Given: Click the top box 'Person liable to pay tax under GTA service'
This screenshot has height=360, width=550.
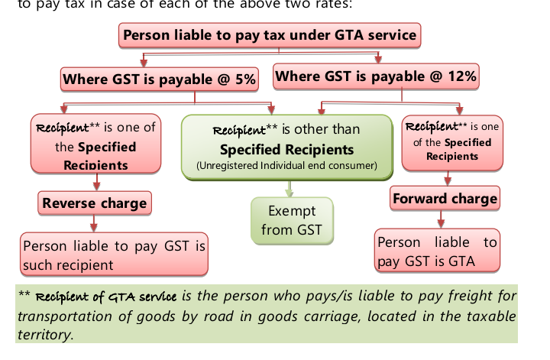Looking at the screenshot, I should [x=270, y=35].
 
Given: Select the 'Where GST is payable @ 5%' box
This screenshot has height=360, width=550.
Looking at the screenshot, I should [x=159, y=79].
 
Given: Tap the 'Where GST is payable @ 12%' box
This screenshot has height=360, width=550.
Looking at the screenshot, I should [x=375, y=76].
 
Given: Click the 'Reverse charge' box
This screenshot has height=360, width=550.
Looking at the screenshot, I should [x=95, y=203].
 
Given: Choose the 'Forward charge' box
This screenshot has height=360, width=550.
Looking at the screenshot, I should [x=445, y=199].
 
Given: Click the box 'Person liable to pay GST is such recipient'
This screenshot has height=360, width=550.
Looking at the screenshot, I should [x=114, y=255].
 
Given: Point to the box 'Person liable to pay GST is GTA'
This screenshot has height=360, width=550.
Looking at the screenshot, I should [x=437, y=251].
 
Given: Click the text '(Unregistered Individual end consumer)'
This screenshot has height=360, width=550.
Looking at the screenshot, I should [x=286, y=166].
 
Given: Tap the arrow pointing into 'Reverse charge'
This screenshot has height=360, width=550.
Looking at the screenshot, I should [x=96, y=182].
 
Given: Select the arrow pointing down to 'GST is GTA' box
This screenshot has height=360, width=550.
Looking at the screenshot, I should [x=441, y=221].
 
